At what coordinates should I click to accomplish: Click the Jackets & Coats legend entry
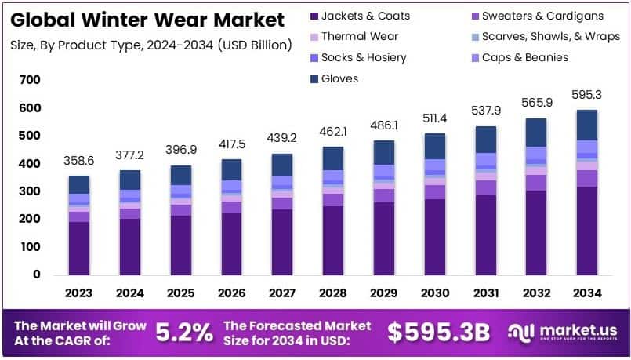coord(365,16)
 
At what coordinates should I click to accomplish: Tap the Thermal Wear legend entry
coord(360,36)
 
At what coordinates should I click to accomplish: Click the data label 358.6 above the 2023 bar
coord(79,160)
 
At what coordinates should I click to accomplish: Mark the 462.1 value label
coord(333,131)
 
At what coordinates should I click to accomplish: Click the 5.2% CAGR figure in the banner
coord(185,333)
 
